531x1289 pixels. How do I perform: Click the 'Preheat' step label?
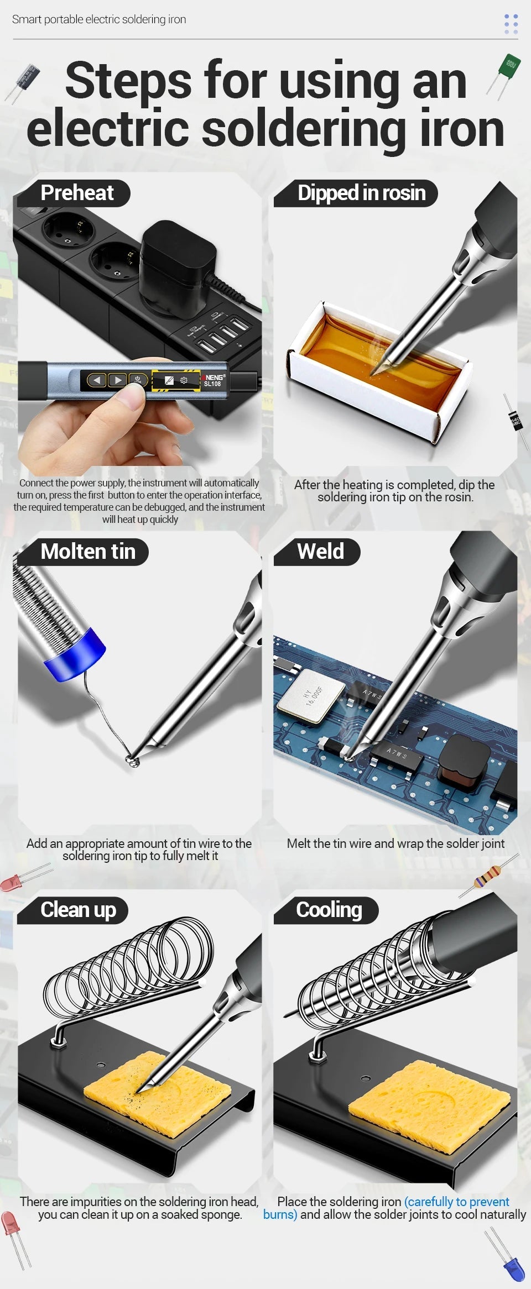point(77,193)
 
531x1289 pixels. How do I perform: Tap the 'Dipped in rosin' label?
point(361,193)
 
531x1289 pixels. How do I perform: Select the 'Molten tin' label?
point(87,552)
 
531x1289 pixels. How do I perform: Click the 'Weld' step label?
point(320,552)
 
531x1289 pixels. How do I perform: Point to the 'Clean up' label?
point(78,910)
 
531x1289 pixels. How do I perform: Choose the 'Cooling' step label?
point(329,910)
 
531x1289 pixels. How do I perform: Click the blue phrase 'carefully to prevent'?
point(457,1202)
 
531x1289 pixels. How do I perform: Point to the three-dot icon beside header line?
point(511,24)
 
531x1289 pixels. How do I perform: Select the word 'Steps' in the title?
point(128,82)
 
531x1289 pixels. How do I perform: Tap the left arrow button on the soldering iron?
point(97,380)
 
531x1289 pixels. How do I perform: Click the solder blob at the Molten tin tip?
point(133,762)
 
